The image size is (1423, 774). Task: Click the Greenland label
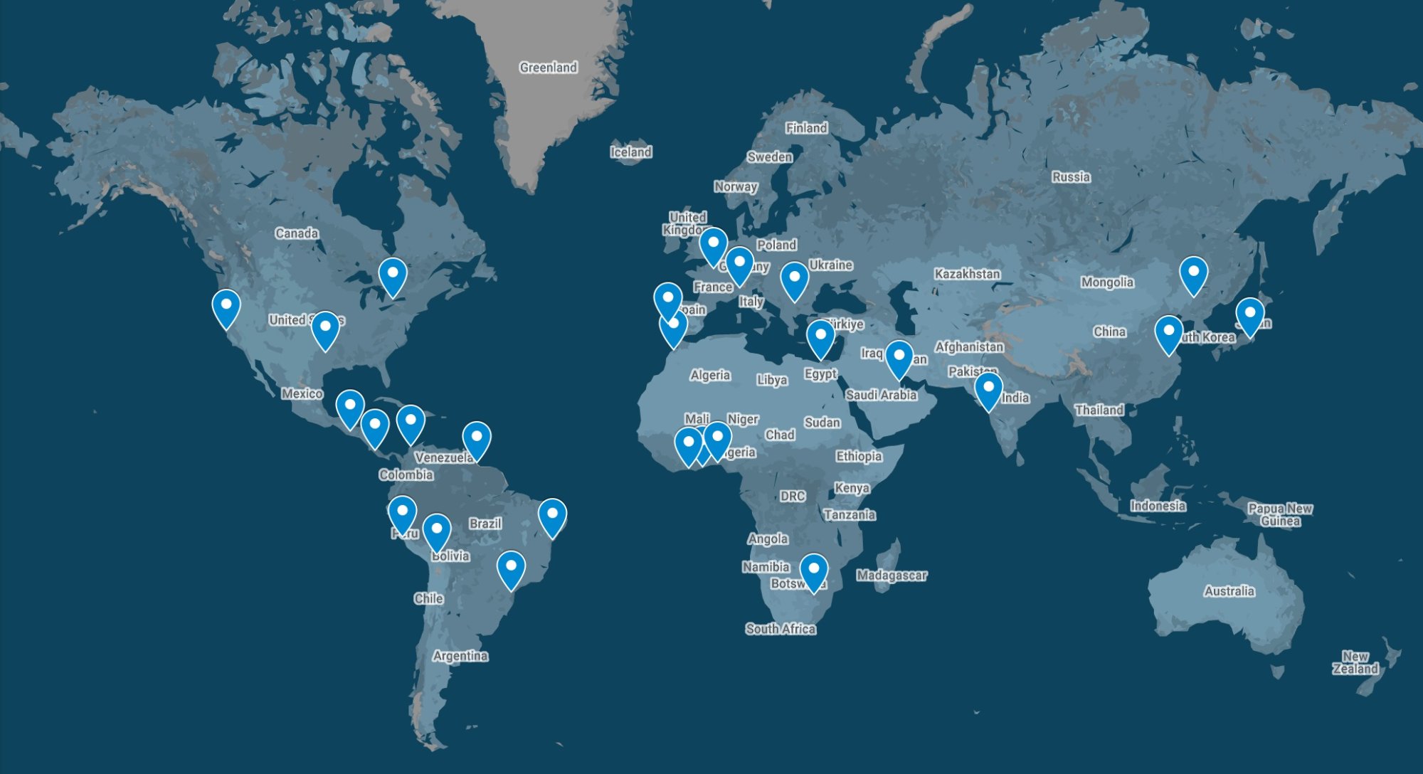click(x=548, y=68)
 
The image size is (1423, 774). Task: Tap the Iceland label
click(x=630, y=152)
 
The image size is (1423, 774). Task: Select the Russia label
click(x=1071, y=176)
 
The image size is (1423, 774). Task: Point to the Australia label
click(x=1229, y=590)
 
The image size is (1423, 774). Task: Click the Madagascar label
click(x=891, y=575)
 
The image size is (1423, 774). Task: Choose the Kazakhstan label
click(x=967, y=274)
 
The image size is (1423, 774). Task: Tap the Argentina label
click(x=460, y=655)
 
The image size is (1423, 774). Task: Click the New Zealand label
click(x=1355, y=662)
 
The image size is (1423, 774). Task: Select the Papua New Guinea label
click(x=1280, y=514)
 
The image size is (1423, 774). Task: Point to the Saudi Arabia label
click(x=881, y=395)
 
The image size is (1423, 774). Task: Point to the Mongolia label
click(x=1107, y=282)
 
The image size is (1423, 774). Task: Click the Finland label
click(x=806, y=128)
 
